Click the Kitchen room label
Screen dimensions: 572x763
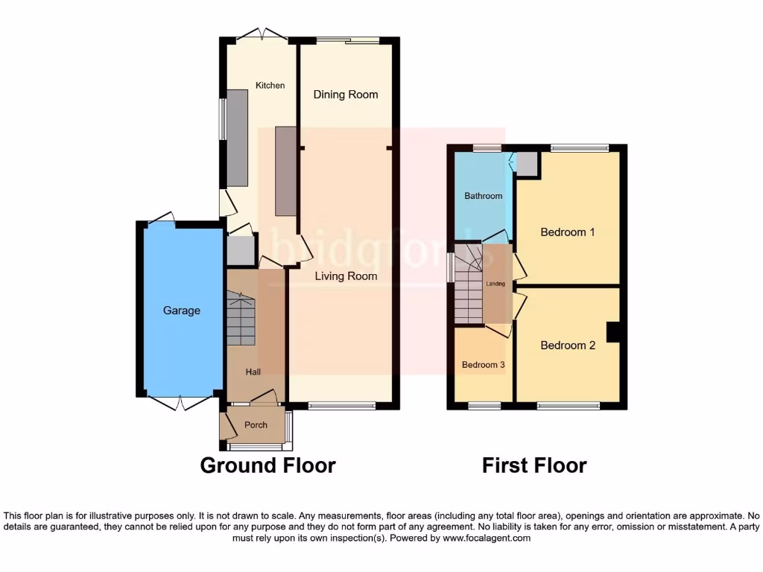[270, 86]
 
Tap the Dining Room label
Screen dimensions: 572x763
[346, 95]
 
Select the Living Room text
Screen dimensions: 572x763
[346, 276]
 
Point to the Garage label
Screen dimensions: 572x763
[182, 311]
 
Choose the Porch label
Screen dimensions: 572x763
[256, 425]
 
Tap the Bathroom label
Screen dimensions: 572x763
[484, 196]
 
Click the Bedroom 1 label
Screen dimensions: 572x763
[568, 232]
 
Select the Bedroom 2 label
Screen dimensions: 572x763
[568, 346]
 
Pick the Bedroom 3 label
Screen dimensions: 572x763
[484, 365]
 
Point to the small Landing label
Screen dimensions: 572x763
[496, 284]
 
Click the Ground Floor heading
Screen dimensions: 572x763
[268, 466]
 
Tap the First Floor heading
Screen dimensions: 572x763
[534, 466]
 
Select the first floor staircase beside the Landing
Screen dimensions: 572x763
[468, 290]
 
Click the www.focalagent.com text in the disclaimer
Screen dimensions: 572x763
[486, 538]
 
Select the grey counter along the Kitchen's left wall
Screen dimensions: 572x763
[237, 138]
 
